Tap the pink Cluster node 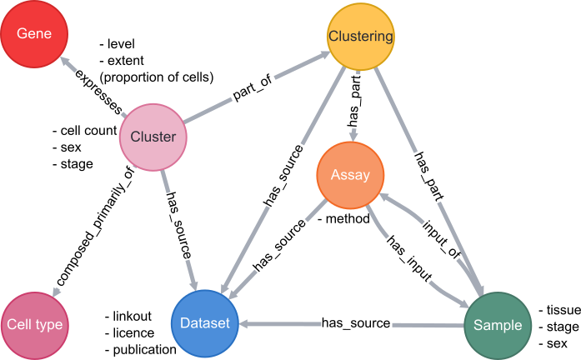(x=153, y=137)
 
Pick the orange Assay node (x=350, y=175)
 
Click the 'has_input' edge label (x=409, y=259)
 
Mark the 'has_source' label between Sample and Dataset (x=356, y=322)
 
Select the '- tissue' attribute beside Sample (x=554, y=309)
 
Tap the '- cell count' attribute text (x=83, y=132)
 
